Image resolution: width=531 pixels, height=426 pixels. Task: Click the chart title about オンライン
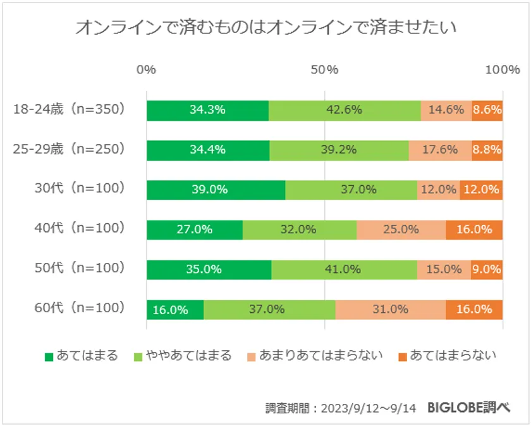(265, 28)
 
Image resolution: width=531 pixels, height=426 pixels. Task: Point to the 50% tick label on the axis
(324, 70)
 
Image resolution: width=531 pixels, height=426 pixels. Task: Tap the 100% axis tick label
(502, 70)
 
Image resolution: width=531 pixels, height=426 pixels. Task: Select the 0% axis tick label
(147, 70)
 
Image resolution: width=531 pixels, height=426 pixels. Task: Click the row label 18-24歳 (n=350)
(70, 109)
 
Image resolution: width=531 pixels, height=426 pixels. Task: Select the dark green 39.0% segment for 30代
(216, 189)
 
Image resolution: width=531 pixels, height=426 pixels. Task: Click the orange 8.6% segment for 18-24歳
(487, 109)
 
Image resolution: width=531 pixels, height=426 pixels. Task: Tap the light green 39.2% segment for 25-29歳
(339, 150)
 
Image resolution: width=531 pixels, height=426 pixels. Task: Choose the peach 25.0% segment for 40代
(401, 229)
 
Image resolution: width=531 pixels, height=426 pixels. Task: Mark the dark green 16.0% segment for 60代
(175, 310)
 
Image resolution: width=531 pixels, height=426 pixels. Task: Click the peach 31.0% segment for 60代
(390, 310)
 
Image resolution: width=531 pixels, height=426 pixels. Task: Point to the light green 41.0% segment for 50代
(344, 269)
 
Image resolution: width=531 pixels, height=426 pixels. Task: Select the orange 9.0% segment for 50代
(487, 269)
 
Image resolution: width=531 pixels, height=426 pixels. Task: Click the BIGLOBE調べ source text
(468, 408)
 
